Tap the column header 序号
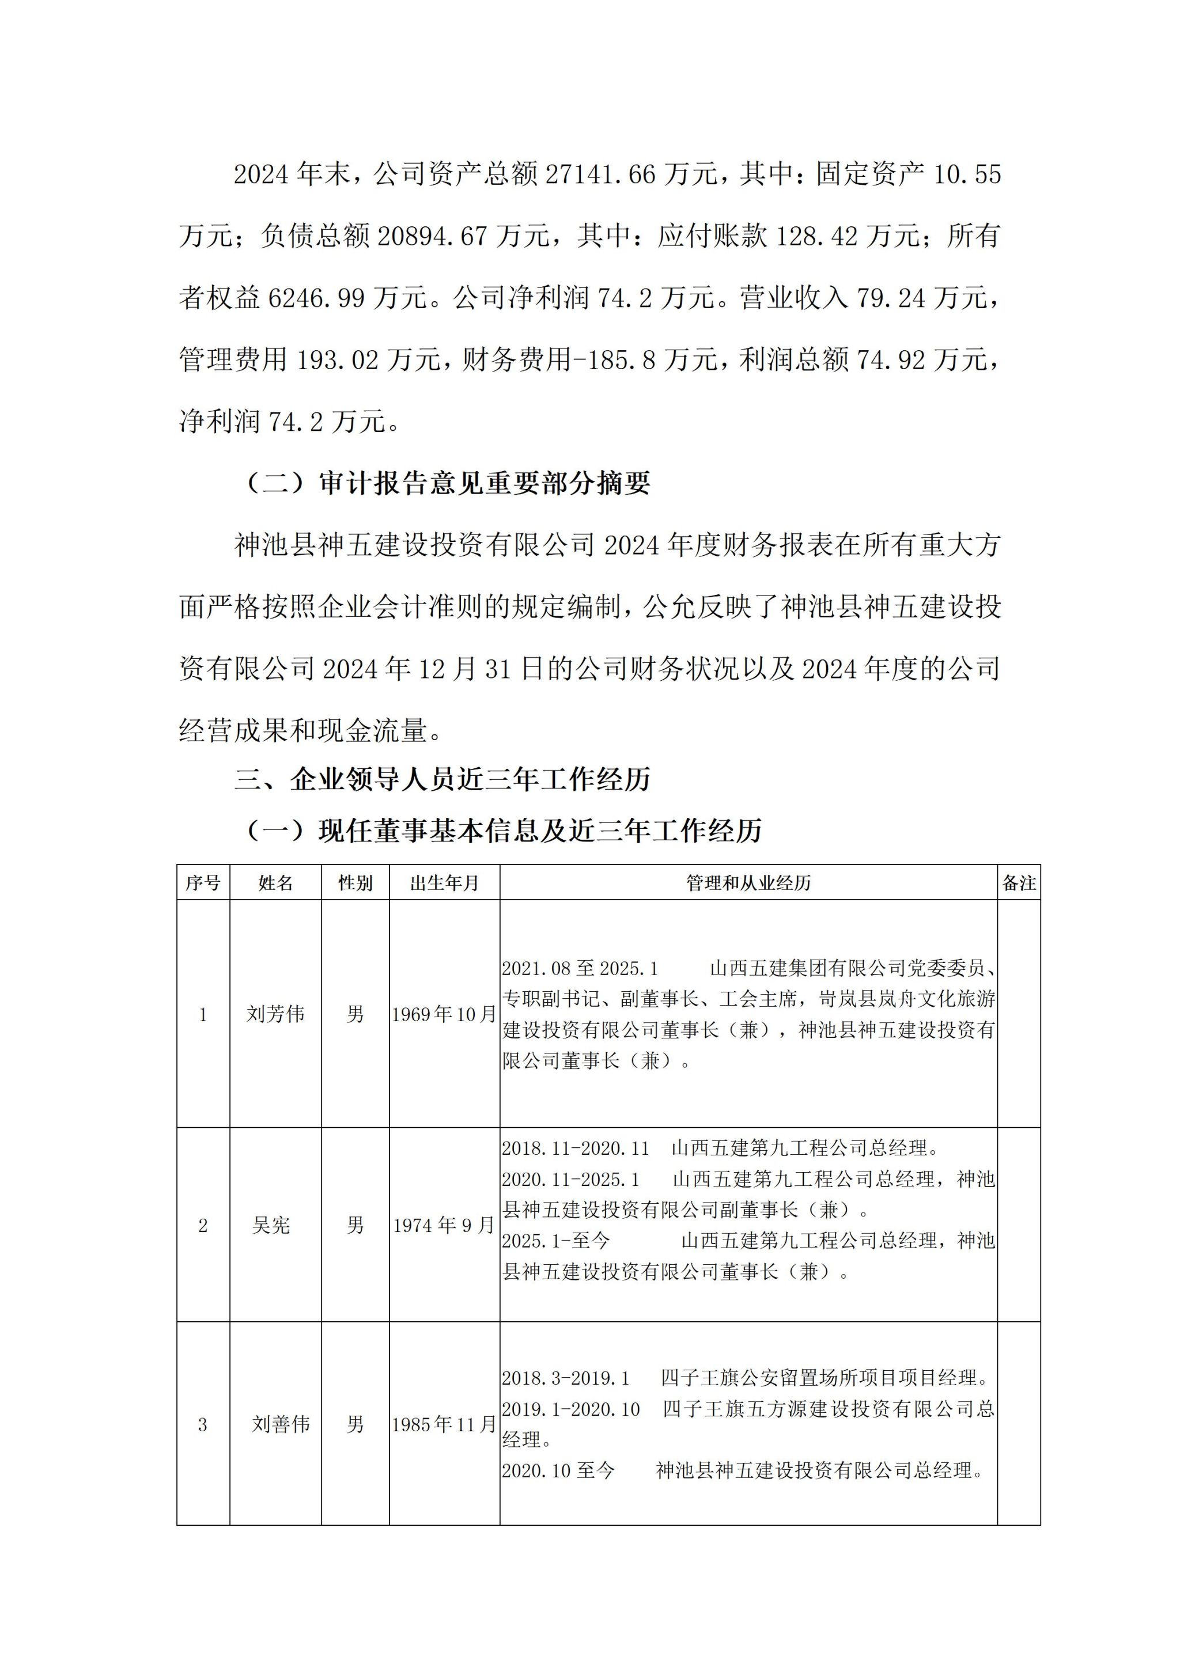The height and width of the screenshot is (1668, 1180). tap(203, 884)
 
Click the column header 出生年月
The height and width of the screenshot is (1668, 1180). tap(445, 884)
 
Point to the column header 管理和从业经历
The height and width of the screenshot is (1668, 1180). tap(748, 884)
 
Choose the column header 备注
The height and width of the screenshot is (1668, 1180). tap(1019, 884)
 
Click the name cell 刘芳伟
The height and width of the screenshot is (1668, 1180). tap(275, 1014)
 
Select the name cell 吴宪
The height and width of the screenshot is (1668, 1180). tap(271, 1226)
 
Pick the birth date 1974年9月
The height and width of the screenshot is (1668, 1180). tap(444, 1226)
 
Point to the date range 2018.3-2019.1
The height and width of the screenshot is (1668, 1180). tap(566, 1378)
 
